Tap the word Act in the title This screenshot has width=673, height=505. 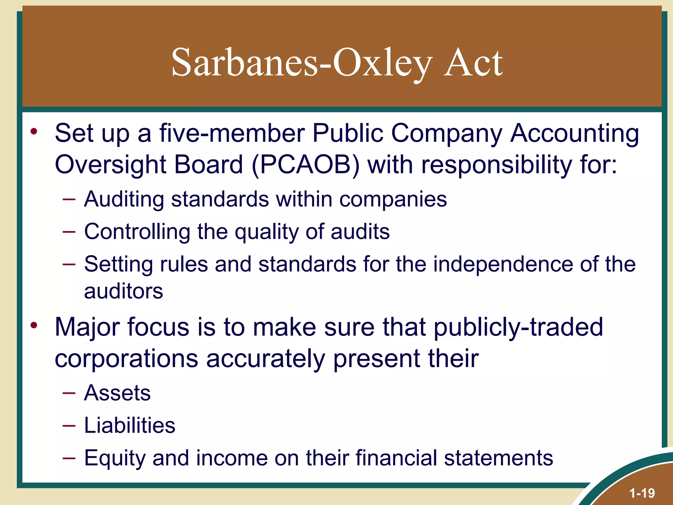[473, 62]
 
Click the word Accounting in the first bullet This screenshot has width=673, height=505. [574, 133]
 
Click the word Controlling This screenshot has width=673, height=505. [137, 231]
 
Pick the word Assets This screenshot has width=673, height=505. [117, 393]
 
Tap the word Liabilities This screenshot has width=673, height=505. [130, 425]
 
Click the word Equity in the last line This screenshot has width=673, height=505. [114, 458]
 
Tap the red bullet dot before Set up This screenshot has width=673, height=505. [34, 132]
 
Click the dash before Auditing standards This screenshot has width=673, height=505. [69, 199]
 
